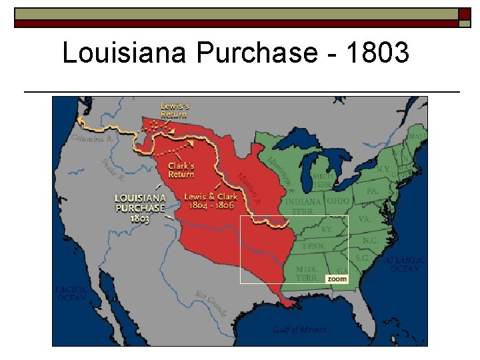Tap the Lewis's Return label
click(174, 110)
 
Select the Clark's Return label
click(181, 169)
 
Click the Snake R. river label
click(113, 170)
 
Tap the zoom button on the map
click(337, 279)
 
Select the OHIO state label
click(339, 201)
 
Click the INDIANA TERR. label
click(303, 206)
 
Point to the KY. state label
click(327, 229)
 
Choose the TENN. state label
click(313, 246)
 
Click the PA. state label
click(373, 191)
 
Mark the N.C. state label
click(371, 240)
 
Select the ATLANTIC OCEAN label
click(404, 264)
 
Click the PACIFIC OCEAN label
click(71, 293)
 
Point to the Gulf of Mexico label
click(299, 329)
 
